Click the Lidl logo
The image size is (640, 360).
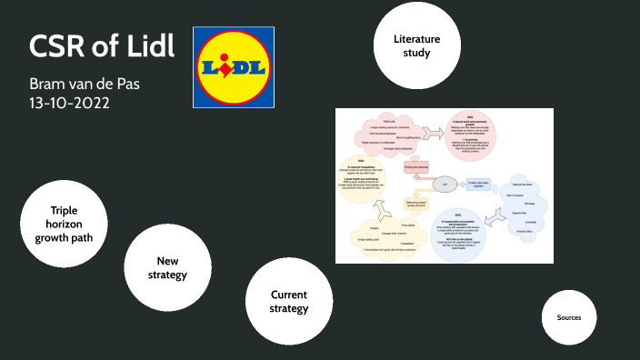[234, 67]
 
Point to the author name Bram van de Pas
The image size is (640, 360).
[84, 84]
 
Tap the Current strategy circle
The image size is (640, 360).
[288, 301]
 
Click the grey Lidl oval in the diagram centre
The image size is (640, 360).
[445, 184]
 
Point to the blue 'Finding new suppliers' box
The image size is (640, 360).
[478, 184]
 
